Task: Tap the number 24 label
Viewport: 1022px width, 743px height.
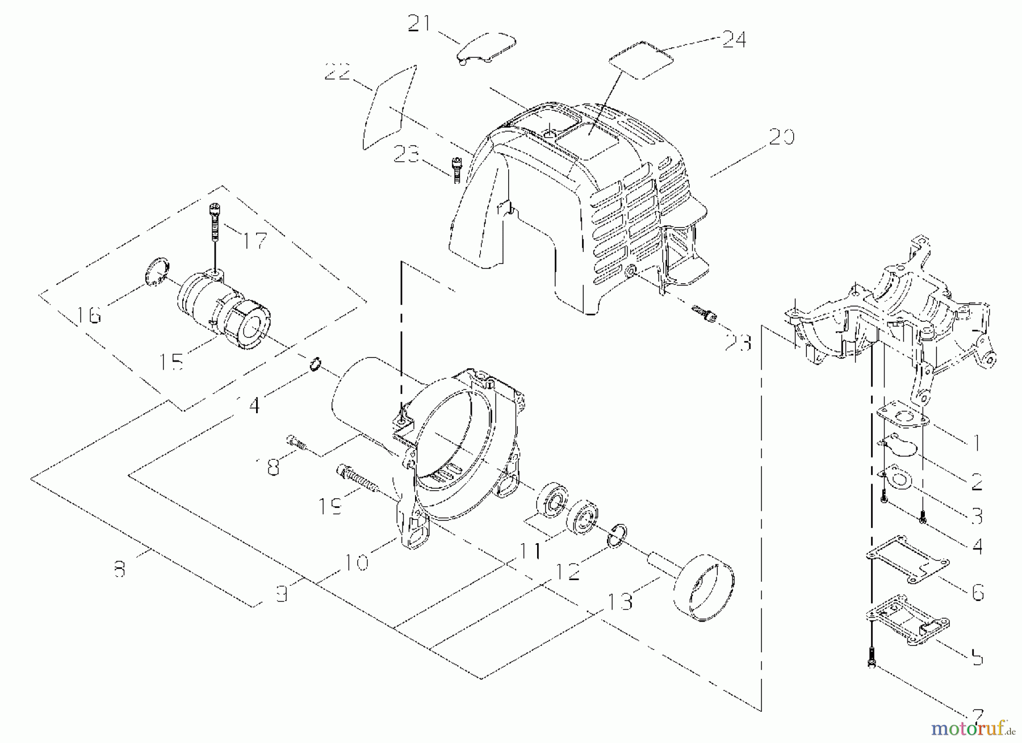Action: click(733, 39)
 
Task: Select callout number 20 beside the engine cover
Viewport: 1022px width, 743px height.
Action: click(781, 137)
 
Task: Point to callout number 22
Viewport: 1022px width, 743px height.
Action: click(338, 73)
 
